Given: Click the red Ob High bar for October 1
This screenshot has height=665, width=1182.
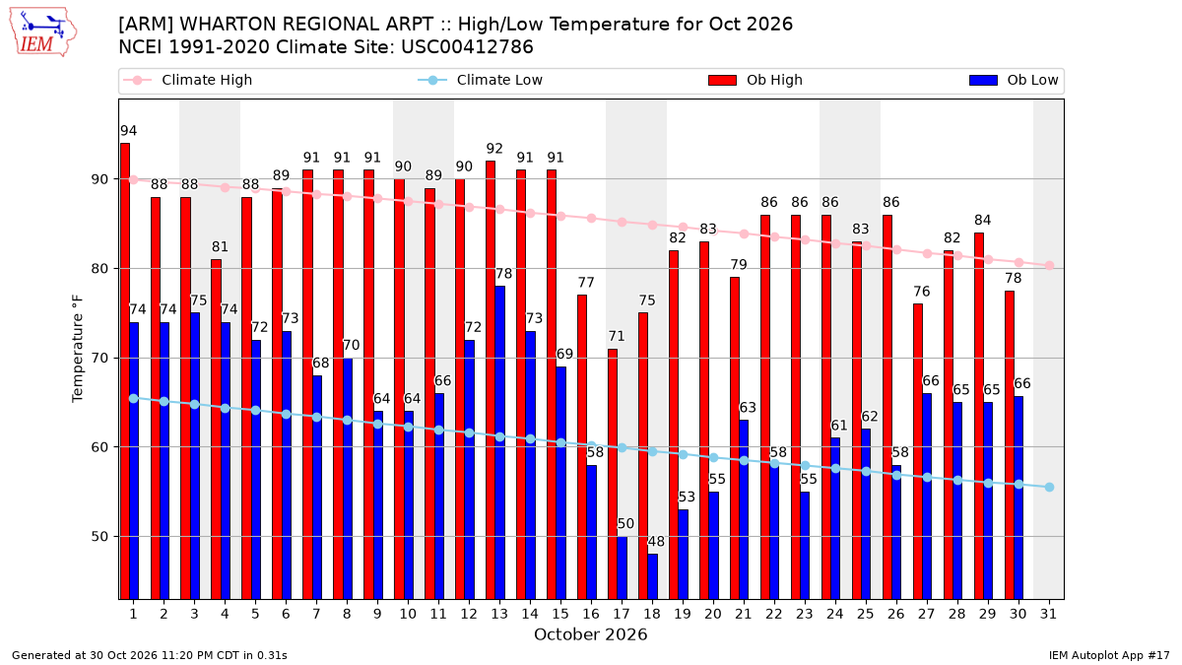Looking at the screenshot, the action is (x=125, y=371).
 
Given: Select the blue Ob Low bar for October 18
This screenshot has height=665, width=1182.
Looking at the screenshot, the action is (x=653, y=576).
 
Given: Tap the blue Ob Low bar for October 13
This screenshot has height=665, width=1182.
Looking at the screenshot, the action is (x=499, y=442).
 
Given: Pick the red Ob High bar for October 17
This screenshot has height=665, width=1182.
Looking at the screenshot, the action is (x=613, y=474).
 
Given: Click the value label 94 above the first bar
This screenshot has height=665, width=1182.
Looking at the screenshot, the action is (x=128, y=131).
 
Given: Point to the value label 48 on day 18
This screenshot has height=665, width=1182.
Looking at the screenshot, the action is (x=656, y=542).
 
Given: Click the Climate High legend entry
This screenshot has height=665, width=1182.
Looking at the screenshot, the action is (x=187, y=80).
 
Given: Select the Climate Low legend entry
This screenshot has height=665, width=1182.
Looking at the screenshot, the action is (x=481, y=80).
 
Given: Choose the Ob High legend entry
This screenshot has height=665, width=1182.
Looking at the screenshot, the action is (x=755, y=80).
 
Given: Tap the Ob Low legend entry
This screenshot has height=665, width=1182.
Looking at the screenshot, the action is (x=1014, y=80).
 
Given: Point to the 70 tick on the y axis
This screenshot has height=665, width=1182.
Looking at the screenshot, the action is (x=99, y=359).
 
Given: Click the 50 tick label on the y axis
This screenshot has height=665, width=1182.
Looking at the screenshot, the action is (x=99, y=537).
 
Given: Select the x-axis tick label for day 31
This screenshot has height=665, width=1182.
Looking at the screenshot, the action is (x=1048, y=615).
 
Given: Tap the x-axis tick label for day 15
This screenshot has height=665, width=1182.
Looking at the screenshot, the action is (x=560, y=615).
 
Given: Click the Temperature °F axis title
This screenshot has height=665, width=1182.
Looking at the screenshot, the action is (x=78, y=350).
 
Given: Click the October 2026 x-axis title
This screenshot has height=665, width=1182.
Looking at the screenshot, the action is (x=590, y=634).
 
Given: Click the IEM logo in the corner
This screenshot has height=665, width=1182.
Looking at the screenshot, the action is (x=43, y=33).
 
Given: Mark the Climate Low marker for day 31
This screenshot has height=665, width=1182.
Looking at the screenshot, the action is (x=1050, y=487).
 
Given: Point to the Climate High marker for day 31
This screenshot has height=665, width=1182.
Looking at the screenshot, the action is (x=1050, y=265).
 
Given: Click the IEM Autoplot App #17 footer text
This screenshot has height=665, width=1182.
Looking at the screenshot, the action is (x=1109, y=655).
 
